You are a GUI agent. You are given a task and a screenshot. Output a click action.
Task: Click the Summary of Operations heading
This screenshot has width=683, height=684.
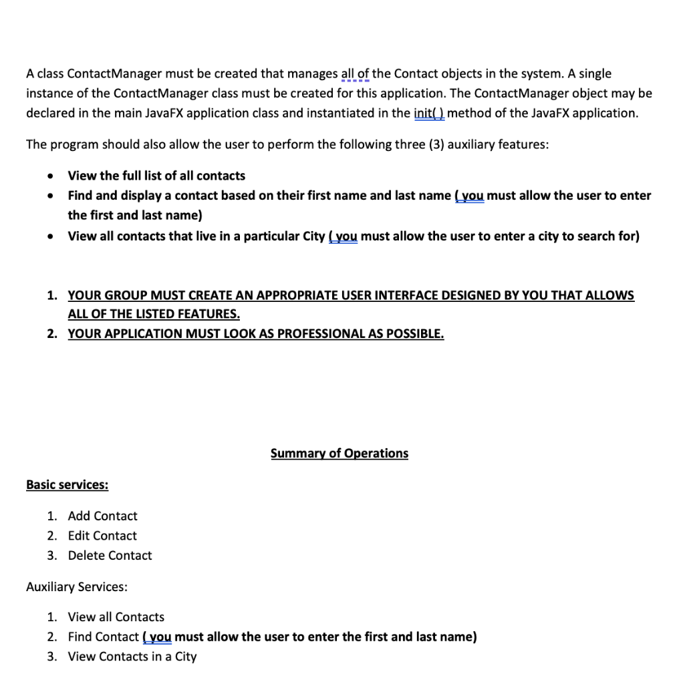pos(339,454)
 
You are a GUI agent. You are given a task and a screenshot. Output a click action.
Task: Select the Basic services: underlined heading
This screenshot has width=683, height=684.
pos(67,485)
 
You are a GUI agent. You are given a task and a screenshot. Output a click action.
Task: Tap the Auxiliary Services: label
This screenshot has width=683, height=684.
pos(76,586)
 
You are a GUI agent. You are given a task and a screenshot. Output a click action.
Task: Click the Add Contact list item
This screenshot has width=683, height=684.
pos(102,516)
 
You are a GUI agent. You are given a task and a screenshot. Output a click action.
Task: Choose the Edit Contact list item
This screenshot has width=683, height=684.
pos(102,536)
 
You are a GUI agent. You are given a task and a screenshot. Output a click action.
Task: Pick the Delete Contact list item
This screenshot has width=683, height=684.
pos(110,555)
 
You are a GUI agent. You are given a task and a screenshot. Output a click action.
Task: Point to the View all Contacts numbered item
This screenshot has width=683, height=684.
pos(116,617)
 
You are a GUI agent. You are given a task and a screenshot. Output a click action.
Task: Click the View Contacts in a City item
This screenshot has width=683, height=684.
pos(132,657)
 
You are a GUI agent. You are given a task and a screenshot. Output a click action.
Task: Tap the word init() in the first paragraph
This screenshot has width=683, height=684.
pos(429,113)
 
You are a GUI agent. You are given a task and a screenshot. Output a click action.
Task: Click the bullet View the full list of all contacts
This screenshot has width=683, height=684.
pos(156,176)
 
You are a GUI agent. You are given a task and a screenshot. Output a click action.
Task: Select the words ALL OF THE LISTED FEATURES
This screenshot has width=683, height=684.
pos(153,314)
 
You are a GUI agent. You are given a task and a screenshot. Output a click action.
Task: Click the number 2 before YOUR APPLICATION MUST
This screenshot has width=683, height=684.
pos(51,334)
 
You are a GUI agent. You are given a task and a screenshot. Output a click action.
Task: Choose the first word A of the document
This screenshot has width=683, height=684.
pos(30,73)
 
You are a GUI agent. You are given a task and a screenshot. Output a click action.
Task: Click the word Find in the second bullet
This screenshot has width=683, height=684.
pos(80,196)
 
